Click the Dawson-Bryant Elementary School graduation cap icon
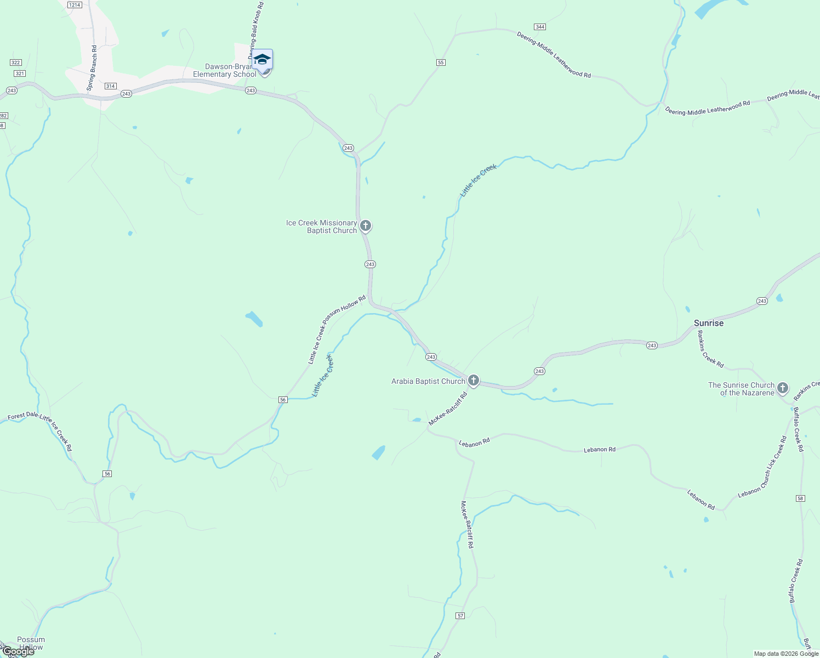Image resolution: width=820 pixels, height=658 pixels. coord(262,60)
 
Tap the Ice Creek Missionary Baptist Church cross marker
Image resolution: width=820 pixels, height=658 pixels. coord(366,225)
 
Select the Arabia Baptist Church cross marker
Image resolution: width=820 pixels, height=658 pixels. coord(474,380)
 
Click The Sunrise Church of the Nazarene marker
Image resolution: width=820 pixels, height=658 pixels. coord(783,388)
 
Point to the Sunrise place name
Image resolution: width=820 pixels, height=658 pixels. coord(708,323)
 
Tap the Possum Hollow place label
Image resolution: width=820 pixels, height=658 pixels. coord(31,643)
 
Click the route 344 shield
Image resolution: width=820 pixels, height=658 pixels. coord(540,27)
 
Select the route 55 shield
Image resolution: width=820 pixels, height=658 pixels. coord(441,63)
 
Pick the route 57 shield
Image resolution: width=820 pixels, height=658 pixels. coord(460,616)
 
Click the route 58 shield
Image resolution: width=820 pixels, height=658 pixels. coord(800,498)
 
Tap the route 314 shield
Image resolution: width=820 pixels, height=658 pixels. coord(111,86)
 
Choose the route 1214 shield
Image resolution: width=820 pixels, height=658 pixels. coord(75,4)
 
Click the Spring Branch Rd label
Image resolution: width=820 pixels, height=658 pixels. coord(92,68)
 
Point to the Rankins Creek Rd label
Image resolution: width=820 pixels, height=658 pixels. coord(710,351)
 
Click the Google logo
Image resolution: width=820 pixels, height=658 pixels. coord(18,651)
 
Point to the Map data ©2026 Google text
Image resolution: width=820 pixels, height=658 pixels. coord(786,654)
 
